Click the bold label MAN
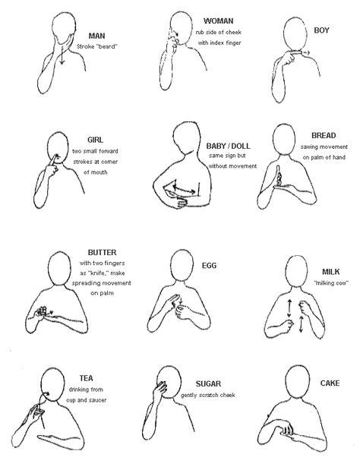click(x=97, y=35)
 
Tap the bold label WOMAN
click(x=219, y=20)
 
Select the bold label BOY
click(x=321, y=30)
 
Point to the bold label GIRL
click(x=96, y=140)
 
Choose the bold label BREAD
click(x=324, y=135)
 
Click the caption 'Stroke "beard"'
click(x=98, y=46)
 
